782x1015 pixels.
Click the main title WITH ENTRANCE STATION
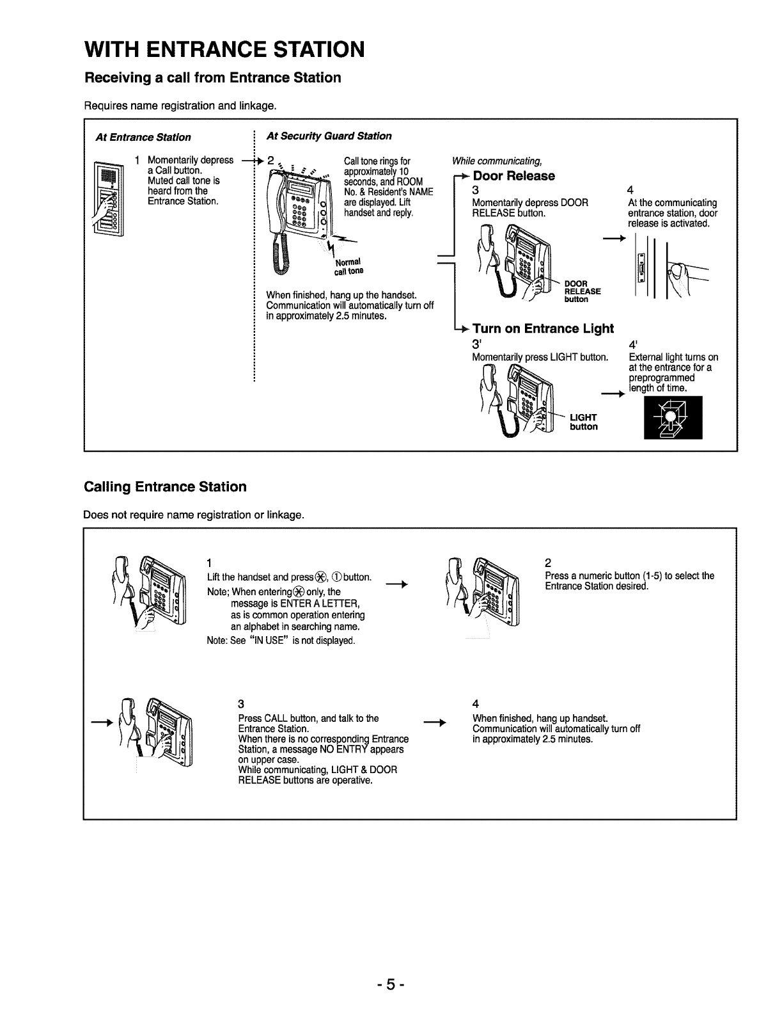coord(224,49)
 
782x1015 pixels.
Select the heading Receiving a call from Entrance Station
coord(213,78)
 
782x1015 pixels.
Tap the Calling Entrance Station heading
coord(165,486)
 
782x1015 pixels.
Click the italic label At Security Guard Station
coord(329,136)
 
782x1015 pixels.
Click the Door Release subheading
coord(513,176)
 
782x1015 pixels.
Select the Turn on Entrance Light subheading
coord(543,328)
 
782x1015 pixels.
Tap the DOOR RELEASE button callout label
coord(583,291)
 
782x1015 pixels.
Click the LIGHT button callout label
coord(584,422)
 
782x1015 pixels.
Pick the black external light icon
coord(673,417)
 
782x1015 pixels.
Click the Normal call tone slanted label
coord(348,266)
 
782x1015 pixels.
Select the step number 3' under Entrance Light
coord(476,345)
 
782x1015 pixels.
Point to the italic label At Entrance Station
coord(143,137)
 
